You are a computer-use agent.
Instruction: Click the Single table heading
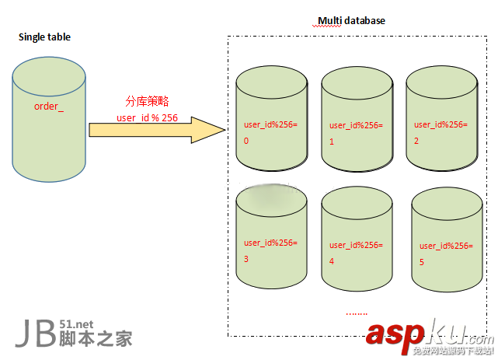(x=44, y=37)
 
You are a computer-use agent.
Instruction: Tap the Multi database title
(x=351, y=21)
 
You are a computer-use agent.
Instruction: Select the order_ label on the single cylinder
(x=49, y=106)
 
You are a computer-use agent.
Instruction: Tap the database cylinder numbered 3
(x=271, y=237)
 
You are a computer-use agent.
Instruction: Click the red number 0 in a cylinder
(x=246, y=142)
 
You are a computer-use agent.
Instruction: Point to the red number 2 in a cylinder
(x=416, y=142)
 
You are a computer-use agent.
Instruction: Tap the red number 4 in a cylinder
(x=332, y=262)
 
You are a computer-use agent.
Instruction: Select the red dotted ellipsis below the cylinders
(x=357, y=313)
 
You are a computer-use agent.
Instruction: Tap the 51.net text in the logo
(x=76, y=325)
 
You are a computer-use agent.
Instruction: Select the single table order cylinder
(x=49, y=124)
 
